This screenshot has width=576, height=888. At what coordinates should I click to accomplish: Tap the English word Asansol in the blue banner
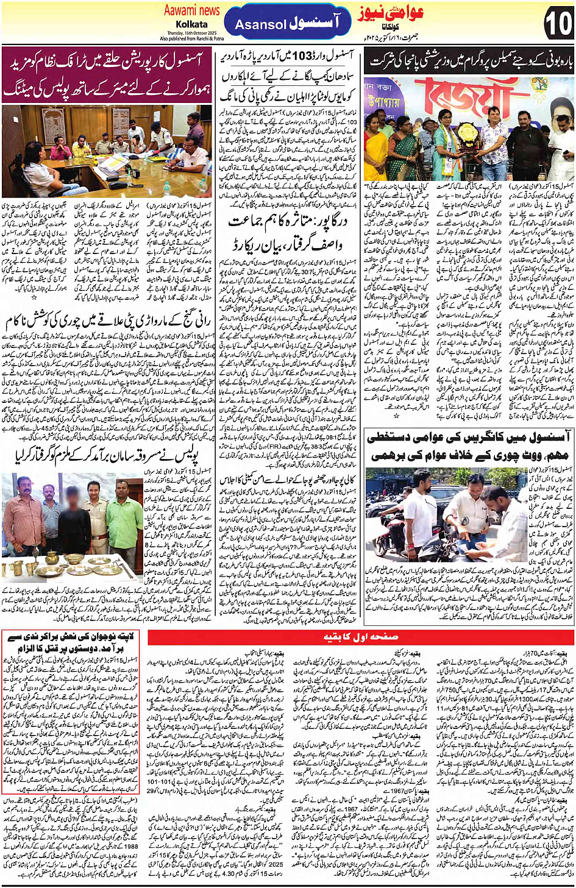(260, 25)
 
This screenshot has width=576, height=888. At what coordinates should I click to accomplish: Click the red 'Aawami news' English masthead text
(191, 10)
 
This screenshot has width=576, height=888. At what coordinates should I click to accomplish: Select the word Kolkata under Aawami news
(191, 24)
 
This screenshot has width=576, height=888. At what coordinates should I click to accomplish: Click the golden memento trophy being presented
(469, 132)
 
